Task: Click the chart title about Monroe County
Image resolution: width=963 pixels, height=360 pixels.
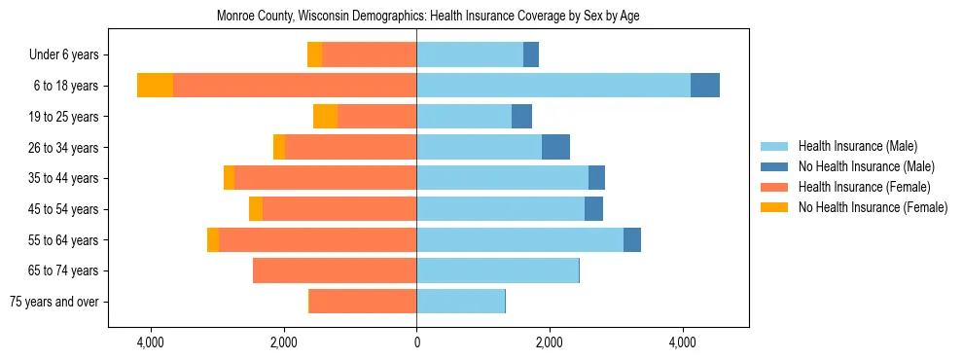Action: pos(481,17)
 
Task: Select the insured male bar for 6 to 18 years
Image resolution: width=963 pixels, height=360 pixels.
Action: pos(553,86)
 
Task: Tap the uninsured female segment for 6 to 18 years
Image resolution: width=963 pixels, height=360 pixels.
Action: pos(155,86)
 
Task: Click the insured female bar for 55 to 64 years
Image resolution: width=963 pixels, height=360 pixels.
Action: pos(317,239)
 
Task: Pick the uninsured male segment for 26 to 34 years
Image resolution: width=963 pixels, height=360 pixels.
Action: pos(555,147)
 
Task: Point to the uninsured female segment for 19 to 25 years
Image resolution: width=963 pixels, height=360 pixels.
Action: pos(325,117)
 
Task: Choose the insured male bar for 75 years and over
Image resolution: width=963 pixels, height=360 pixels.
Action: pos(460,302)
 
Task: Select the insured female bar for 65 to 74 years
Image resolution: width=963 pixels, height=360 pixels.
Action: pos(335,270)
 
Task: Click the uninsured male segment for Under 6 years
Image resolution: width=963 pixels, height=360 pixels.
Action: pos(531,54)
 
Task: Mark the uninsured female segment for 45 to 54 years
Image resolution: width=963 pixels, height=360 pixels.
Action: pos(256,209)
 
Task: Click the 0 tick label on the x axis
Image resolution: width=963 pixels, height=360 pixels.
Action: pos(416,342)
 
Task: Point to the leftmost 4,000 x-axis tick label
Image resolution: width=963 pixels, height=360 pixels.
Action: pos(150,342)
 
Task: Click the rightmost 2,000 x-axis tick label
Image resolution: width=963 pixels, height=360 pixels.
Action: pos(549,342)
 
